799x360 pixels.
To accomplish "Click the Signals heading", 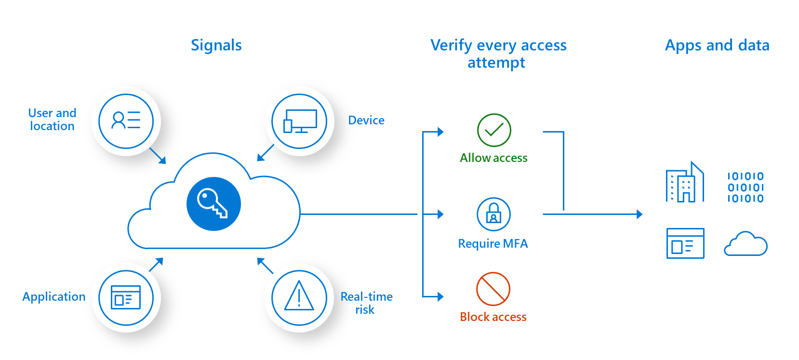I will [216, 45].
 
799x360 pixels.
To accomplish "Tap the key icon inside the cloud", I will [213, 204].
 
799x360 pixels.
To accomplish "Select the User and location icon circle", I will [126, 121].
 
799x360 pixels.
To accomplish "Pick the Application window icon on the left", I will [126, 297].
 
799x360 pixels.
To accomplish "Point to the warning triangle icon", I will [299, 296].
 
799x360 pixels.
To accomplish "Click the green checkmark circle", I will [494, 130].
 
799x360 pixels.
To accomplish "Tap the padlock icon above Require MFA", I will [493, 213].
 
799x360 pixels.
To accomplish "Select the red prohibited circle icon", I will [493, 289].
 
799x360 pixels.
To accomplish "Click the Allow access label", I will [493, 158].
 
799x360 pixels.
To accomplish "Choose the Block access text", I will [493, 317].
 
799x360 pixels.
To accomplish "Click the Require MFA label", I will [493, 244].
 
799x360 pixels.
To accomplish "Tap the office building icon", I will [685, 183].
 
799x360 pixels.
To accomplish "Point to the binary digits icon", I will [746, 187].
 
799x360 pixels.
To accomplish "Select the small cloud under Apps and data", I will [746, 244].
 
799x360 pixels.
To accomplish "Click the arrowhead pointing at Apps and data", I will [639, 214].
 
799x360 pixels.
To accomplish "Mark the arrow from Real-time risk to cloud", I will [265, 266].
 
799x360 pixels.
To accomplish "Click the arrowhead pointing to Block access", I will [440, 297].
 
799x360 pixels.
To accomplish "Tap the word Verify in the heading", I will [451, 46].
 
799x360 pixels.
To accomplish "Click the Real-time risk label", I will [366, 303].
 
